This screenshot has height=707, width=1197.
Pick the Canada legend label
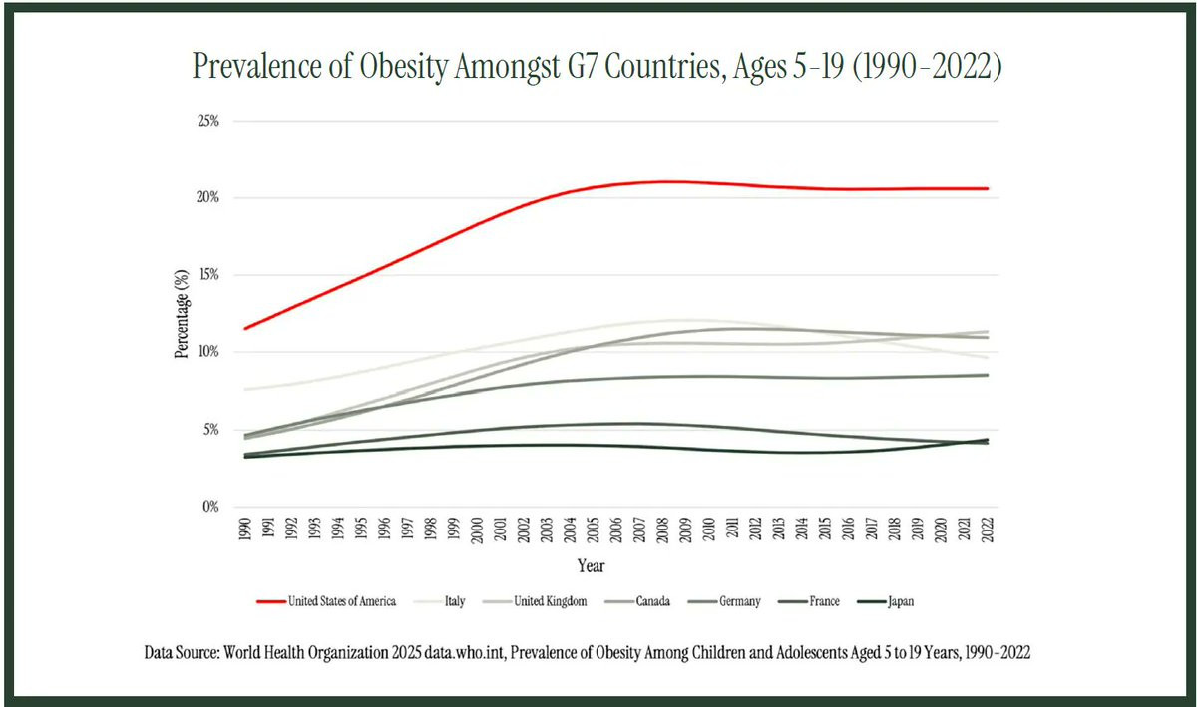point(648,601)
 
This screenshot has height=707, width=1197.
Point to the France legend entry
point(824,601)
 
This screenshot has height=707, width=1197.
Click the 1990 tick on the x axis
point(245,530)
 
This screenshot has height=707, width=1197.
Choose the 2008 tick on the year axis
point(663,530)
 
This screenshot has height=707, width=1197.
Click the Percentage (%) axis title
point(182,314)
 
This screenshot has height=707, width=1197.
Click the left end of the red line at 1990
point(245,328)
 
